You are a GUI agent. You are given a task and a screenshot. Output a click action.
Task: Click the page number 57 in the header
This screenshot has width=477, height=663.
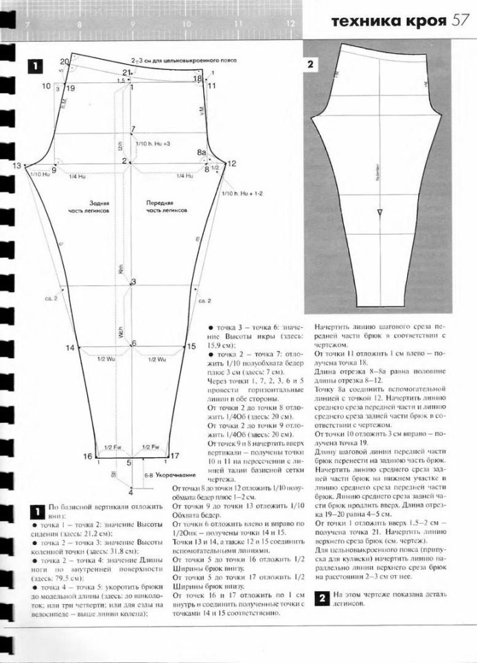459,22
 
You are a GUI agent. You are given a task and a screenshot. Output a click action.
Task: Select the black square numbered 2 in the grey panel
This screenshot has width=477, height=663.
310,64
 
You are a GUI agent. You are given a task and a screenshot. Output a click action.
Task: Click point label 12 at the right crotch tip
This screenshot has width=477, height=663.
231,163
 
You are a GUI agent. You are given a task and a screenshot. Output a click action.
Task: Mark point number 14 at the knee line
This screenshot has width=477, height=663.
70,348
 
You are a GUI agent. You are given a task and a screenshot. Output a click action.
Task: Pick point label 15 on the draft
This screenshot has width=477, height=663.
191,347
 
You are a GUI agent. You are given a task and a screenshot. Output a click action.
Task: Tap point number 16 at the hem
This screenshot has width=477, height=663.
87,457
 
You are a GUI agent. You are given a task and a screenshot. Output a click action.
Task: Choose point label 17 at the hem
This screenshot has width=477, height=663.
174,455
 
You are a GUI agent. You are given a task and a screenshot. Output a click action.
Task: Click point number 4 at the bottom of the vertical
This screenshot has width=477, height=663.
131,492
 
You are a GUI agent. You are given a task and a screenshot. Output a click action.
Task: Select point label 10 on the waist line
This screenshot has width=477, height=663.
47,86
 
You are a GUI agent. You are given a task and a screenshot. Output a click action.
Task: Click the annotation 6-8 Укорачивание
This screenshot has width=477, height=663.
165,474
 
